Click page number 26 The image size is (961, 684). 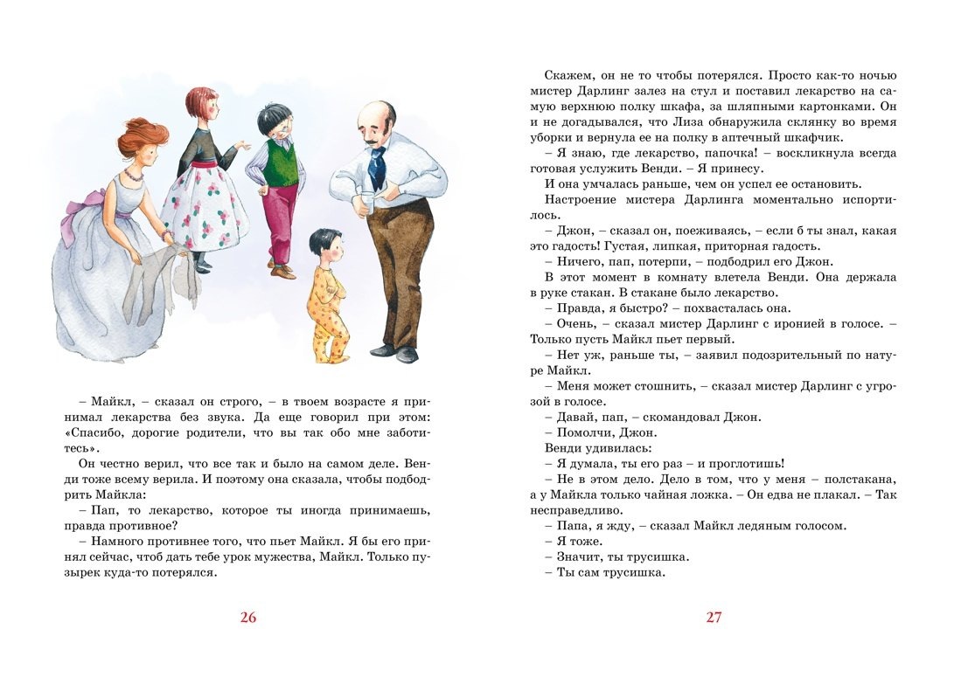[248, 618]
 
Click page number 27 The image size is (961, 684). [714, 618]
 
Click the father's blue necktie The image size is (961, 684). [377, 166]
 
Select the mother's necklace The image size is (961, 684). [133, 175]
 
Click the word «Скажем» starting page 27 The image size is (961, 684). [567, 75]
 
